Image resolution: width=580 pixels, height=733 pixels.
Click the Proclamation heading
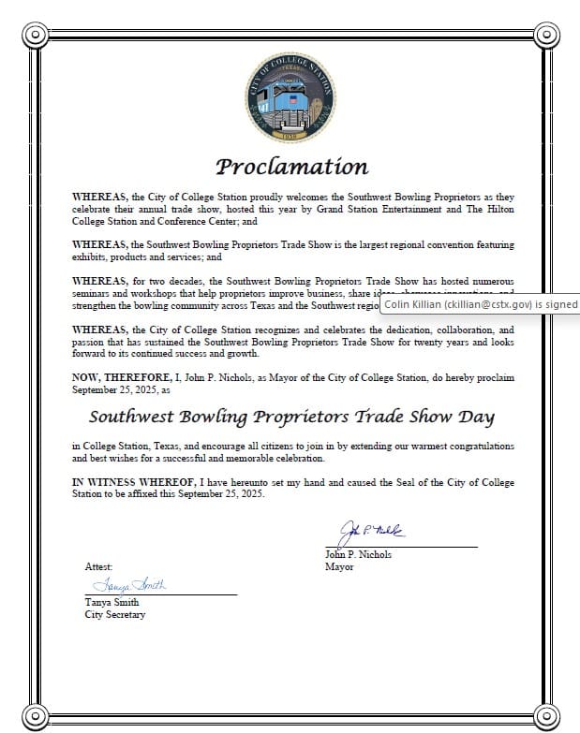pos(291,167)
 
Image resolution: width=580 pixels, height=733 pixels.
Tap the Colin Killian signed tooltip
pos(480,303)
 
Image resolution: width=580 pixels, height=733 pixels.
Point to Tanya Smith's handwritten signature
pos(129,584)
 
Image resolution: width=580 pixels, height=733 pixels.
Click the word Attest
pos(98,567)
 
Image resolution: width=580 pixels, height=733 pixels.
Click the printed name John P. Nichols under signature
pos(358,554)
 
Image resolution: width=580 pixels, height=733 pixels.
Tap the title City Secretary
pos(115,614)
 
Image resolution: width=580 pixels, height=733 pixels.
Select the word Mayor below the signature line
pos(339,566)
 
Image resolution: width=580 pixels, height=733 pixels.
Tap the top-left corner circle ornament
pos(35,36)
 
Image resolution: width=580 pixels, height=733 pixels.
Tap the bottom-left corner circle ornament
pos(35,714)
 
